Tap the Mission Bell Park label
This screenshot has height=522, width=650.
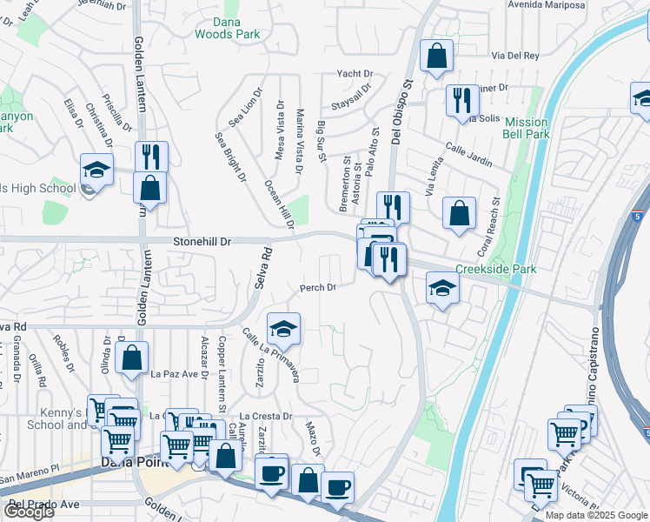tap(527, 129)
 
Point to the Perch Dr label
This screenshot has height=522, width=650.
tap(318, 287)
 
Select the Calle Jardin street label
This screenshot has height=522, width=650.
tap(469, 155)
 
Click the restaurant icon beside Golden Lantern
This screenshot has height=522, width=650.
tap(151, 157)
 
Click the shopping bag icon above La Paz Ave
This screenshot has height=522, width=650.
tap(131, 358)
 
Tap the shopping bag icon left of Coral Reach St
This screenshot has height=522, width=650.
tap(459, 213)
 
